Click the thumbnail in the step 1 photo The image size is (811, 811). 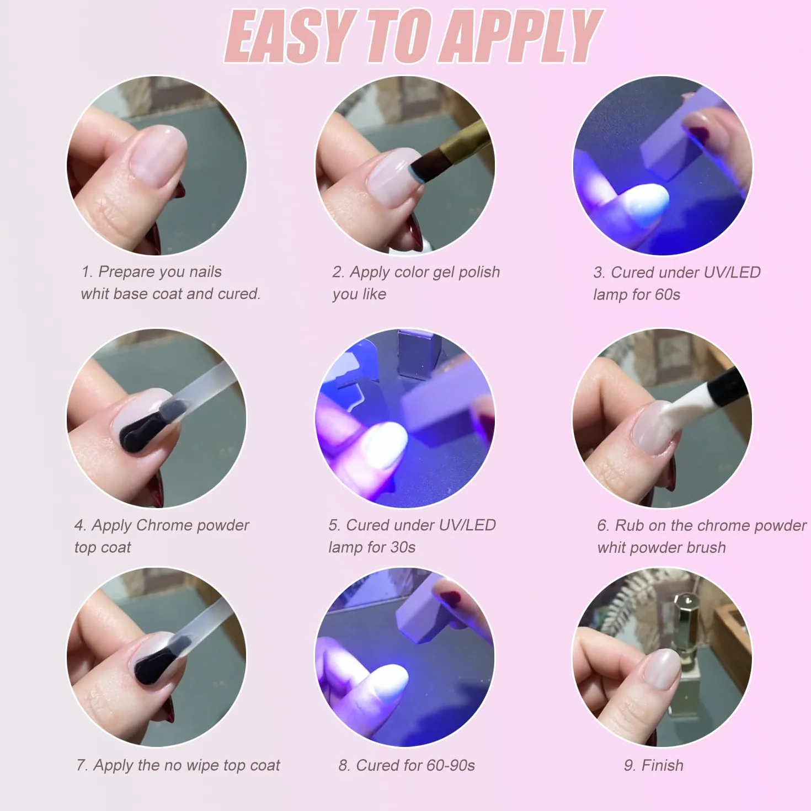tap(158, 156)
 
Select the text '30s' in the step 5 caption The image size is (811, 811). tap(403, 547)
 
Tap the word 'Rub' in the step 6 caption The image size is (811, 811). tap(629, 525)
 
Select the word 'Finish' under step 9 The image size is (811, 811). tap(663, 765)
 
